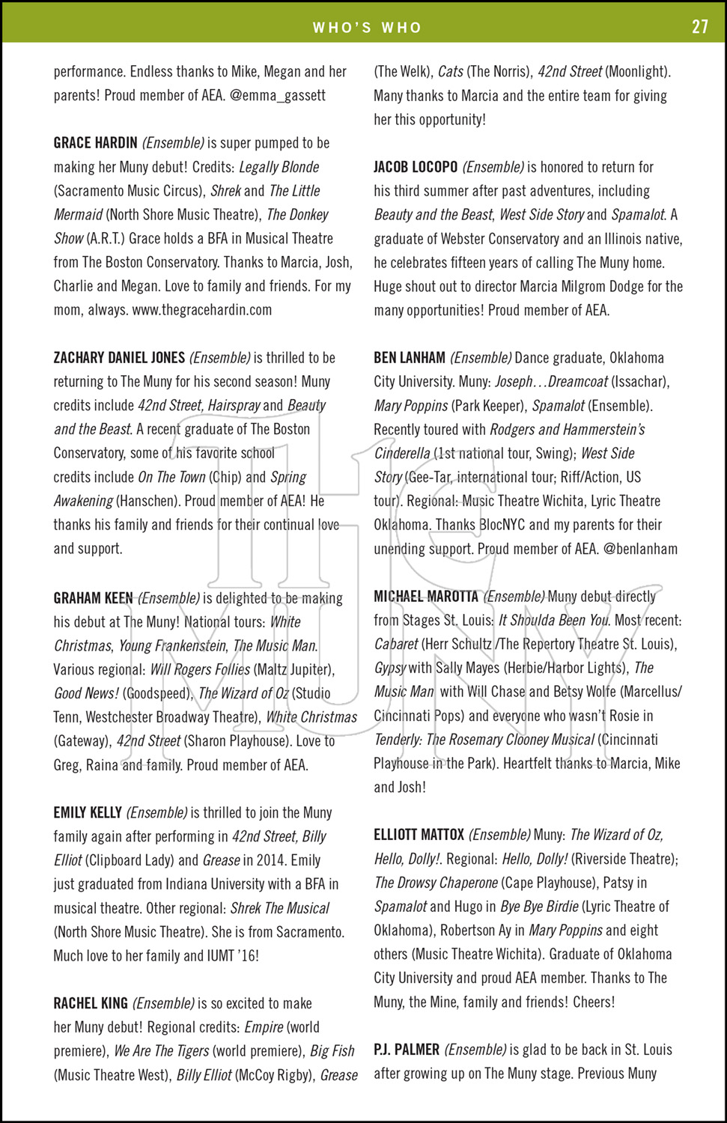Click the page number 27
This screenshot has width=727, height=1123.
(x=699, y=27)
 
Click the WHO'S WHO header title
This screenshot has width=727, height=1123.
(x=367, y=28)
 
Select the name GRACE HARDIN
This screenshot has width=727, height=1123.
(x=95, y=143)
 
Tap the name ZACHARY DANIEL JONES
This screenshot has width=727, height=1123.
(x=119, y=358)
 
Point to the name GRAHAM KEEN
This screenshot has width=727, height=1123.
(x=93, y=598)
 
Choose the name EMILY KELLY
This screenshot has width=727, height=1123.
(x=88, y=813)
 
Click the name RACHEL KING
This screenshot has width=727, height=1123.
(x=91, y=1004)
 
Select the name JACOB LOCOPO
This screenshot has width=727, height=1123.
(x=416, y=167)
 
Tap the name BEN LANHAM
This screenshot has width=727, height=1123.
(x=409, y=358)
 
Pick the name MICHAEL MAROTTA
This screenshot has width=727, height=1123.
(x=425, y=597)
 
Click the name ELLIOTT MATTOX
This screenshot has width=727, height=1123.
(x=419, y=835)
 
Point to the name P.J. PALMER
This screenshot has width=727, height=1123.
(x=407, y=1050)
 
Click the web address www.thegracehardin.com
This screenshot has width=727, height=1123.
(x=202, y=310)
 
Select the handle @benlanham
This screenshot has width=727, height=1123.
(x=640, y=549)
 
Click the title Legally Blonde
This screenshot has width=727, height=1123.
(x=279, y=167)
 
